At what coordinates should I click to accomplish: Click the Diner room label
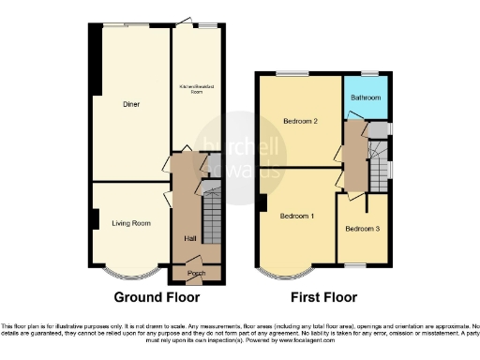(x=131, y=104)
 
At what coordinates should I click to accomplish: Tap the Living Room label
(x=131, y=223)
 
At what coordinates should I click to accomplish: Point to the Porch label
(x=196, y=274)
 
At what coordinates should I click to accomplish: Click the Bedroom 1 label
(x=297, y=217)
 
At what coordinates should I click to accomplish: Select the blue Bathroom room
(x=365, y=97)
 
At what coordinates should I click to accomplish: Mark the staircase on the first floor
(x=379, y=163)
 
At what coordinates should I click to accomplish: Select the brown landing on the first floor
(x=354, y=155)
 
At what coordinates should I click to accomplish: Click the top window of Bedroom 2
(x=292, y=73)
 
